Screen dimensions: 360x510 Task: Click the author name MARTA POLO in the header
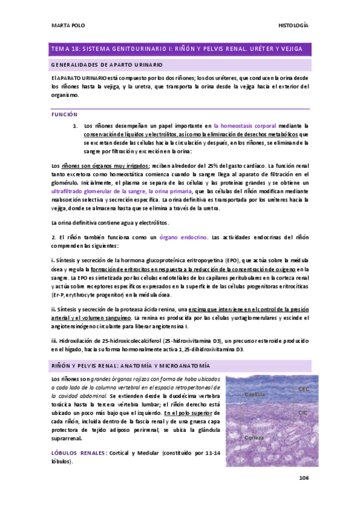66,25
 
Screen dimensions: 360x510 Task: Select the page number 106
303,478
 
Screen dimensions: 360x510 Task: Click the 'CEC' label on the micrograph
304,390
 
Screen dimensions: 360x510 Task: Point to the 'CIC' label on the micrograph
303,413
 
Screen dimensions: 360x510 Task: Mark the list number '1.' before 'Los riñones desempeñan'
75,126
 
